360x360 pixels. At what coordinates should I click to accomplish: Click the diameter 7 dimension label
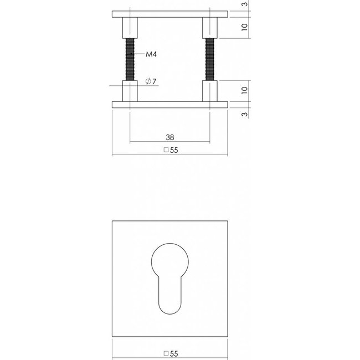[x=151, y=82]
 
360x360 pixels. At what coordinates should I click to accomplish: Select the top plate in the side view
[x=169, y=14]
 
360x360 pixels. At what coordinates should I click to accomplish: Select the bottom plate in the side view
[x=169, y=104]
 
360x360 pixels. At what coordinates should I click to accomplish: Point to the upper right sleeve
[x=210, y=27]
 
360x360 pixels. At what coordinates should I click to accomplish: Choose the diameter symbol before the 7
[x=148, y=82]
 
